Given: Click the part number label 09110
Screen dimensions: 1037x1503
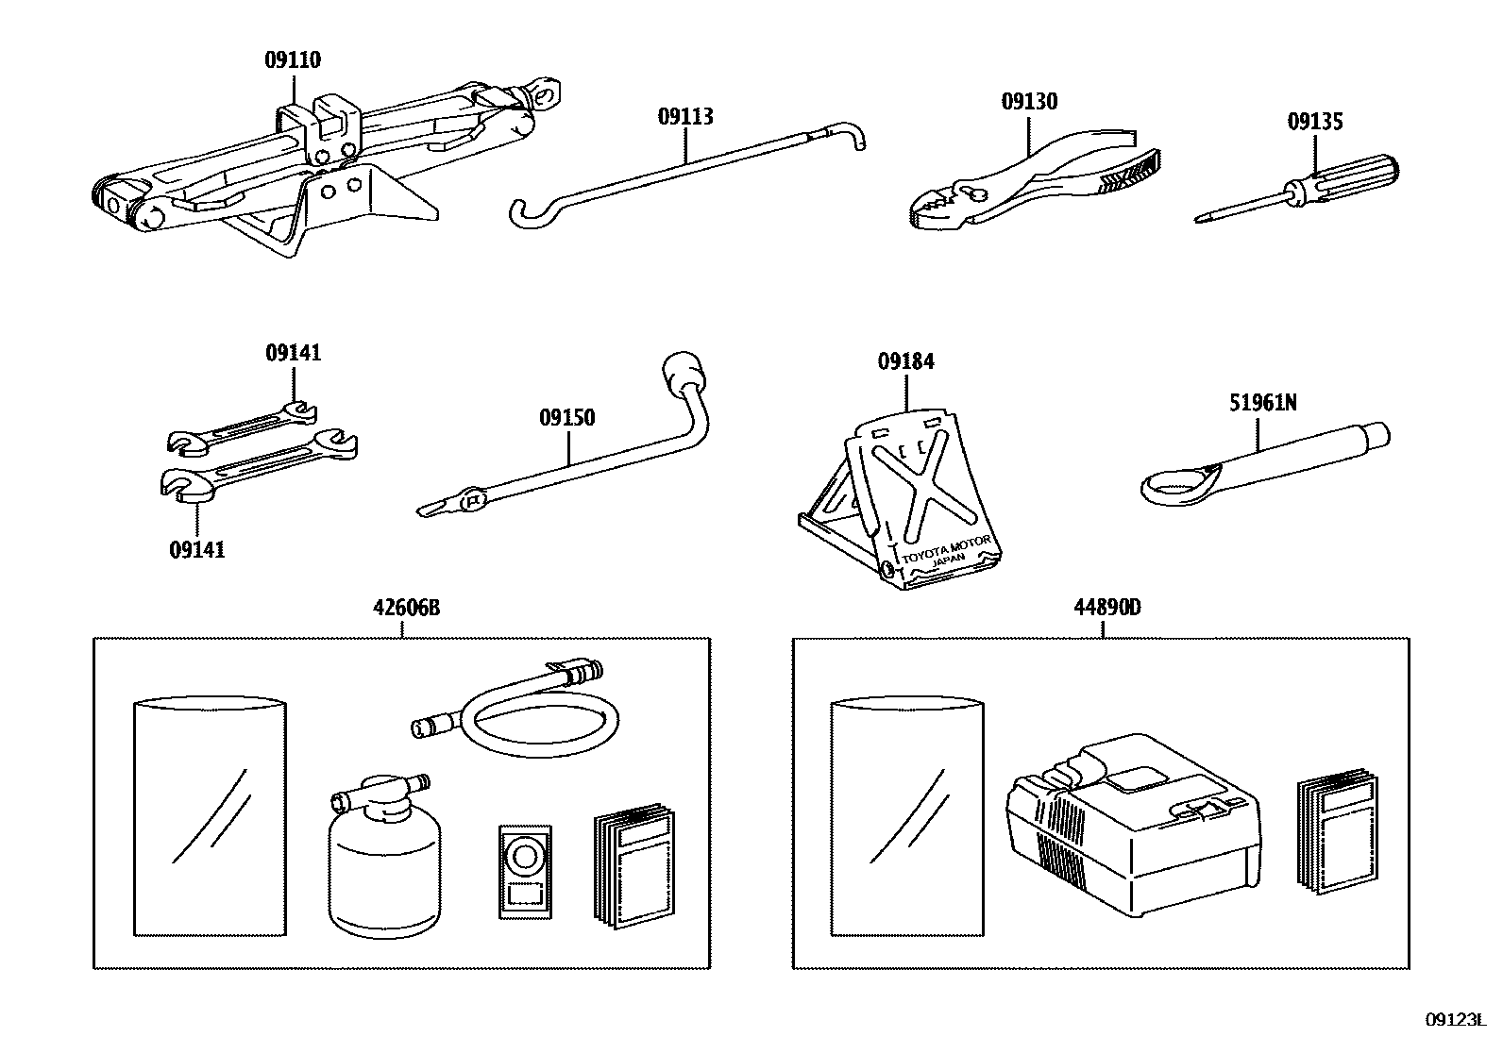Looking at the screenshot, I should pos(293,60).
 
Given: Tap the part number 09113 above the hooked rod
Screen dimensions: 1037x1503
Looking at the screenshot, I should pos(685,117).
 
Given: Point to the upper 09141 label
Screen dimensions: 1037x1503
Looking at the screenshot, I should pos(293,353).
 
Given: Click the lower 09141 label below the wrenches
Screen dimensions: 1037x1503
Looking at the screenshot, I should pos(197,550).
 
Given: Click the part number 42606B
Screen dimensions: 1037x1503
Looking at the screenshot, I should pos(406,608).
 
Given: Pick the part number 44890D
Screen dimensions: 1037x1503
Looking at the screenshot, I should pos(1106,608).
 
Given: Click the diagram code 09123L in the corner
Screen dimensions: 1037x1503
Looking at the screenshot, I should pos(1455,1020).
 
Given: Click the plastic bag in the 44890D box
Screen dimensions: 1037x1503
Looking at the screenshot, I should pos(905,817).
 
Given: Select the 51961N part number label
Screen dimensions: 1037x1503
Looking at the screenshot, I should pos(1262,403).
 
